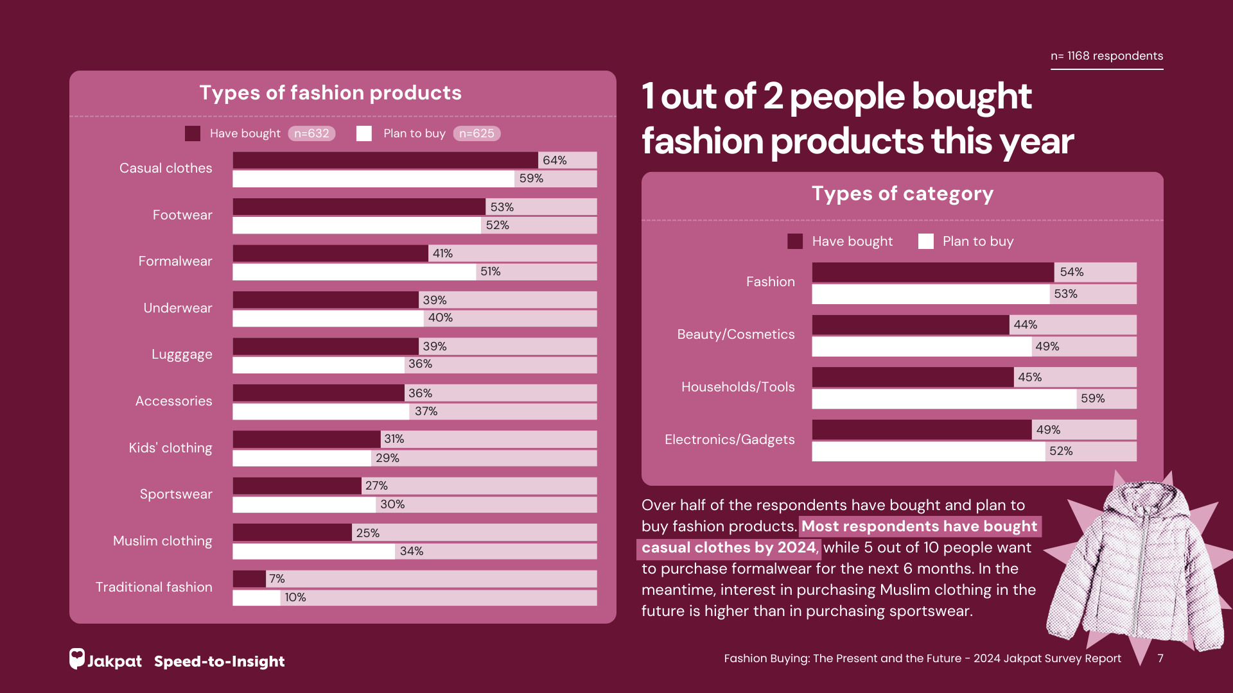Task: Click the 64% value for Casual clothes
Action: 554,160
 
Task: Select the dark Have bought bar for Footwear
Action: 358,207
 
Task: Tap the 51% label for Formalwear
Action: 490,271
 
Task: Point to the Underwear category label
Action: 177,308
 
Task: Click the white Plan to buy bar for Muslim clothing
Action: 313,551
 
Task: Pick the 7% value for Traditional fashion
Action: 277,579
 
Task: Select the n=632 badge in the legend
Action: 311,133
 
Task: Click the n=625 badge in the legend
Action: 477,133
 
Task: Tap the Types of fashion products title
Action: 330,93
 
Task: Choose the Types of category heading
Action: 902,194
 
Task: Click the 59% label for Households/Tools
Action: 1092,398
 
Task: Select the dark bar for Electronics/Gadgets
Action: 922,430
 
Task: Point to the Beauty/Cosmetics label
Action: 735,334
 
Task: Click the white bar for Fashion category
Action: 931,294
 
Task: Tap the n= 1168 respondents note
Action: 1106,56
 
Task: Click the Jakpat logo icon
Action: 77,658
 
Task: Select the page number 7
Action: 1160,658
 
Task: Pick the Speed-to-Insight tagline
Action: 219,662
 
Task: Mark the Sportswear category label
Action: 175,494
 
